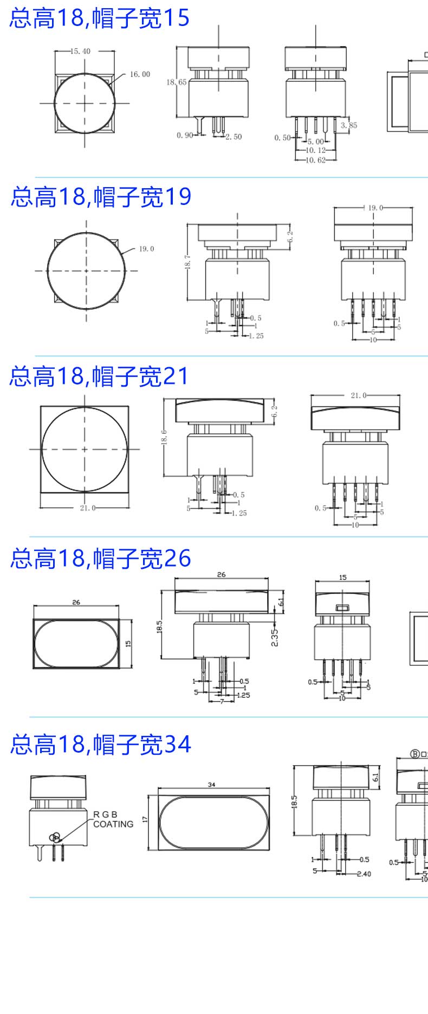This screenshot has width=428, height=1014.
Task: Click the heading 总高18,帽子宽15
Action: pyautogui.click(x=100, y=18)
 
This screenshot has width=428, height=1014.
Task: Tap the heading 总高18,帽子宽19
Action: pyautogui.click(x=101, y=196)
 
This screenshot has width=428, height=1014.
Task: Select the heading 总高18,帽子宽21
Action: pyautogui.click(x=99, y=376)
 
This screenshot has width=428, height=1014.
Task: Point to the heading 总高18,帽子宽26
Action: pyautogui.click(x=101, y=559)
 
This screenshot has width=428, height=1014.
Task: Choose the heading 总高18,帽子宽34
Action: pyautogui.click(x=101, y=744)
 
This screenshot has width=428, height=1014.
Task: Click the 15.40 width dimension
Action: pyautogui.click(x=81, y=52)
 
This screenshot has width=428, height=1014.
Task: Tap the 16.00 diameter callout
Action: pyautogui.click(x=140, y=74)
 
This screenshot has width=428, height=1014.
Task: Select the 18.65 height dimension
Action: pyautogui.click(x=176, y=82)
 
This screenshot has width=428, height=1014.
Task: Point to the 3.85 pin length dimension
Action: pyautogui.click(x=349, y=125)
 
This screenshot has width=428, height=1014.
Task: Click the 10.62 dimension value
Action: pyautogui.click(x=315, y=160)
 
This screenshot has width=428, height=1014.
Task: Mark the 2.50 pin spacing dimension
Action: pyautogui.click(x=234, y=137)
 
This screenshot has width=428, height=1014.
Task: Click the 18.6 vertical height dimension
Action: pyautogui.click(x=164, y=437)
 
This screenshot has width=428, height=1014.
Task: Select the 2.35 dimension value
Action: pyautogui.click(x=275, y=637)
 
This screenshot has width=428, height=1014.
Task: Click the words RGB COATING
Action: pyautogui.click(x=113, y=819)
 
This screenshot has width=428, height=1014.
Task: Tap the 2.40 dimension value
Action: pyautogui.click(x=364, y=874)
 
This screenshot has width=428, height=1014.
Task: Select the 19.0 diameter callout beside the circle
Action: pyautogui.click(x=146, y=249)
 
